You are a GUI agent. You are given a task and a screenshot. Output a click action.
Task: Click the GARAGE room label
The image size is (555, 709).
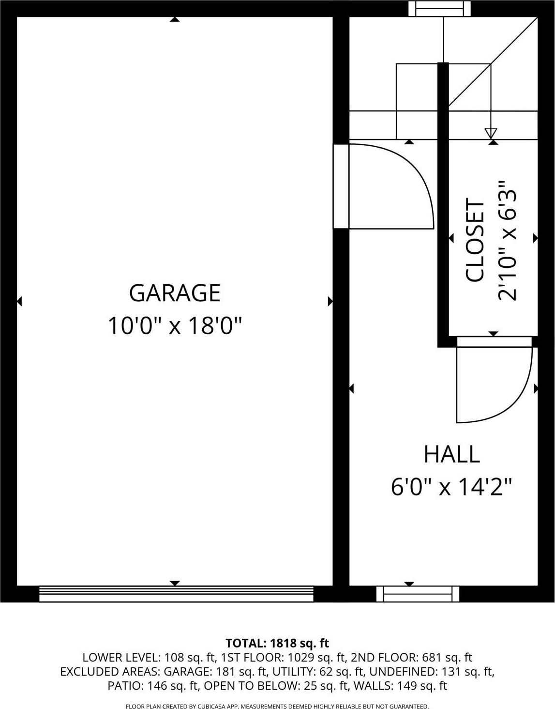point(175,293)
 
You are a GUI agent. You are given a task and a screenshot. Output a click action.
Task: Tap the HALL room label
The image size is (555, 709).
point(451,454)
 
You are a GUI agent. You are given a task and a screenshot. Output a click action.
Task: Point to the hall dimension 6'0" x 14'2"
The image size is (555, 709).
point(451,486)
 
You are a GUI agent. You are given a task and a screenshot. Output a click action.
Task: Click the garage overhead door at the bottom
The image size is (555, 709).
point(176,593)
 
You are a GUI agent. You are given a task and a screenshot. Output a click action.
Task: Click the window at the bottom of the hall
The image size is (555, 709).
point(418,593)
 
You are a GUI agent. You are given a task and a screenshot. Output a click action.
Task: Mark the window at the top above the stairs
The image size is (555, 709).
point(439,8)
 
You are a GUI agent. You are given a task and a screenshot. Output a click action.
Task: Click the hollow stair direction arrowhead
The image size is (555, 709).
point(491,133)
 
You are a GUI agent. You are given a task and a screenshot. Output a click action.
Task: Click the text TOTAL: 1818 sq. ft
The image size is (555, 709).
point(277,643)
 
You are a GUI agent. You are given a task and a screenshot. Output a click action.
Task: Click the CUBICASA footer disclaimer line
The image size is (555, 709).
point(277,706)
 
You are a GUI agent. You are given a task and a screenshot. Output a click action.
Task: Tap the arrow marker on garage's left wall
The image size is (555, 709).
point(19,302)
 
